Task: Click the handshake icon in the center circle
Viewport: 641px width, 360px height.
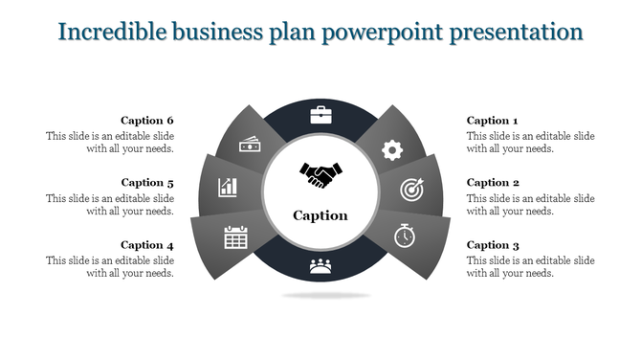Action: tap(320, 175)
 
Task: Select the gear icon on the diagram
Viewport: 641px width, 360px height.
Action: tap(391, 149)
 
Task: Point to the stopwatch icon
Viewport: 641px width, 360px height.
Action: tap(405, 233)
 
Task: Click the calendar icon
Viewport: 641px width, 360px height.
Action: tap(235, 236)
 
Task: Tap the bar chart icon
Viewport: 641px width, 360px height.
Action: tap(228, 186)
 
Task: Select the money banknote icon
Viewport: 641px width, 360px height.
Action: tap(251, 145)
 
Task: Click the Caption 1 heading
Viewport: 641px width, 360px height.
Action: tap(492, 121)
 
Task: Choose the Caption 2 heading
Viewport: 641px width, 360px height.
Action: tap(493, 183)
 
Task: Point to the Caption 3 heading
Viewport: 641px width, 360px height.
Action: tap(493, 245)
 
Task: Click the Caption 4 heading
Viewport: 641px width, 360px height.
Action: tap(147, 245)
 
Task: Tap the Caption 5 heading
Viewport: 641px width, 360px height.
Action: tap(147, 183)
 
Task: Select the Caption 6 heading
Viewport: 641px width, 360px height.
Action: tap(147, 121)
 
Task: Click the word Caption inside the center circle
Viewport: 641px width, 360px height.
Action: tap(320, 215)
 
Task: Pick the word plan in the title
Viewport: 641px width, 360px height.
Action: tap(293, 32)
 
